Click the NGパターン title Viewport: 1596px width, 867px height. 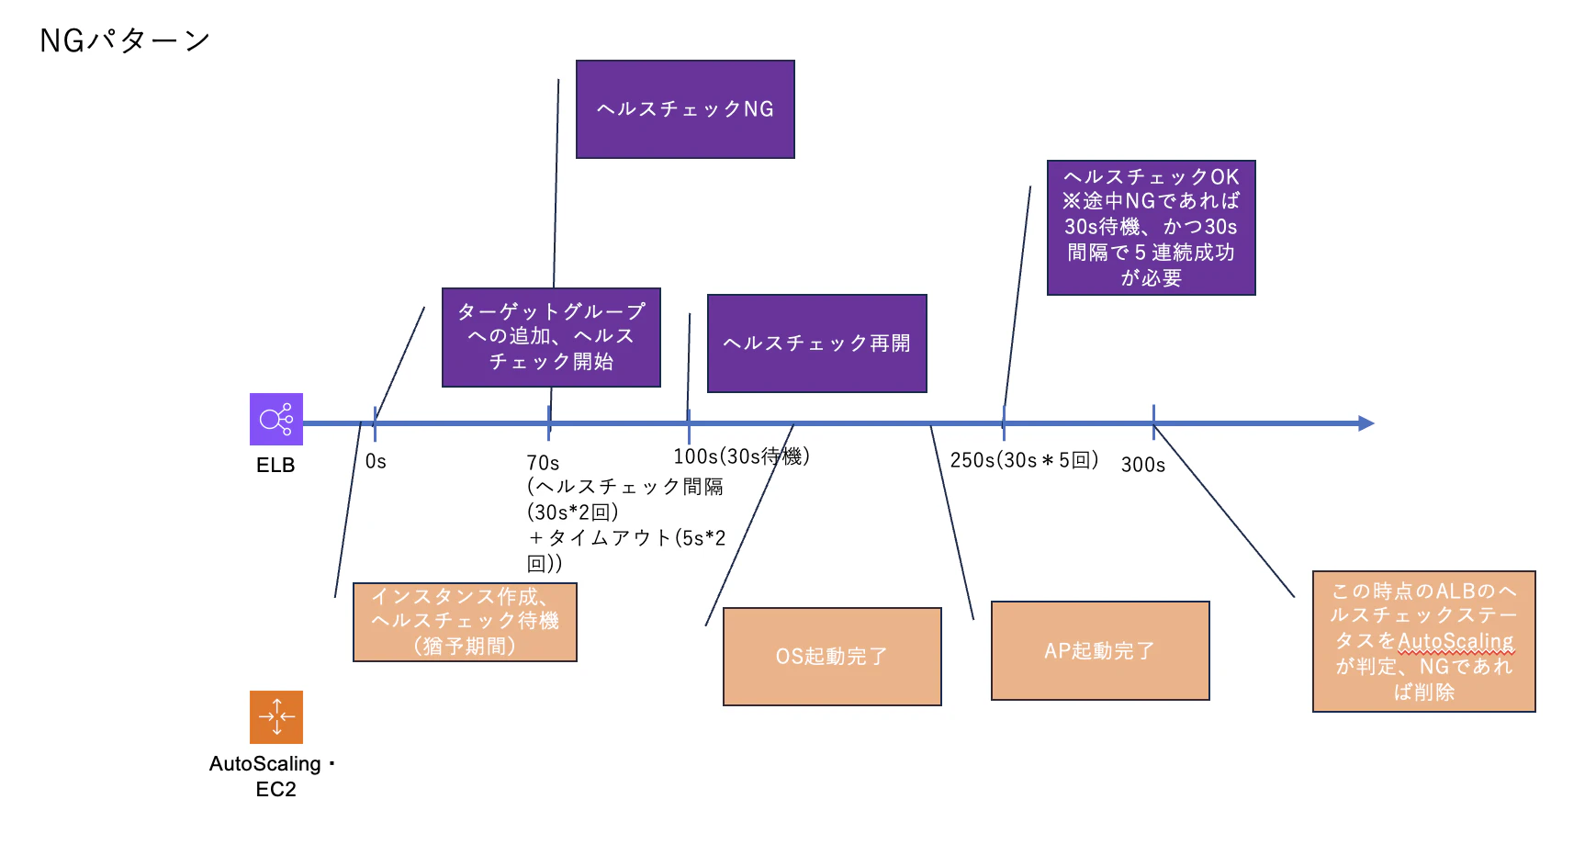125,40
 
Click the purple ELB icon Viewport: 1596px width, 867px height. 276,420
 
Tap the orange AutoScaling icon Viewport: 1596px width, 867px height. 276,717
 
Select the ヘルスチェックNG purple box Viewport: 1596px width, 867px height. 685,109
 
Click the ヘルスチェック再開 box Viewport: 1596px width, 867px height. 816,343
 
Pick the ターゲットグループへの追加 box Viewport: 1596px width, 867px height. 551,337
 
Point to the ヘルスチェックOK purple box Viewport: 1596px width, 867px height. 1151,228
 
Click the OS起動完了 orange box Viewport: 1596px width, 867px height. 832,657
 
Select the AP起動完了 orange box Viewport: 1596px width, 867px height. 1100,651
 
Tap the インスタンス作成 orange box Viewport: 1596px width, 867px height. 465,622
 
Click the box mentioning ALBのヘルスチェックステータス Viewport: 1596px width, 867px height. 1423,641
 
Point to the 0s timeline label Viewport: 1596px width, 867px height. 376,462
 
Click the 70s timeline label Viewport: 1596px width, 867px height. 543,463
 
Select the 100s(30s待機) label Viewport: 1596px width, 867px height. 741,456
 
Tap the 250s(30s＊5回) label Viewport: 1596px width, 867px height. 1024,460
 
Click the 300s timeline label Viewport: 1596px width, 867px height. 1143,466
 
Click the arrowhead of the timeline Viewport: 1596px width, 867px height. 1366,423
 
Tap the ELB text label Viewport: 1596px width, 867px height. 275,466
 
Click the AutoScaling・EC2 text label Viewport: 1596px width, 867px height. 274,776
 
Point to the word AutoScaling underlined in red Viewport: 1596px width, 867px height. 1455,641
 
